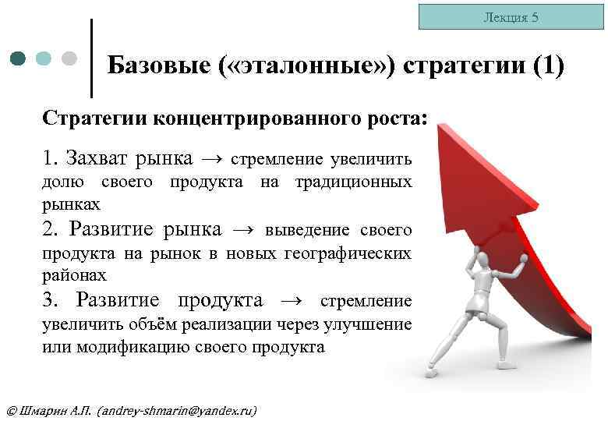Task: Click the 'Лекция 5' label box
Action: point(511,16)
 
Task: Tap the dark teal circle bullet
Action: point(19,58)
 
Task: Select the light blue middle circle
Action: point(44,58)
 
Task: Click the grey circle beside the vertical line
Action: point(69,58)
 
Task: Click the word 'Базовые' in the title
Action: point(154,65)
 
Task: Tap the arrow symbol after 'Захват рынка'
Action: point(212,159)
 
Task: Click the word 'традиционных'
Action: point(354,182)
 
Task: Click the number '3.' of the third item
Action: point(51,301)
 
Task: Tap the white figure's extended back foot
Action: point(433,370)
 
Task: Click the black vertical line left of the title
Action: point(92,58)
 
